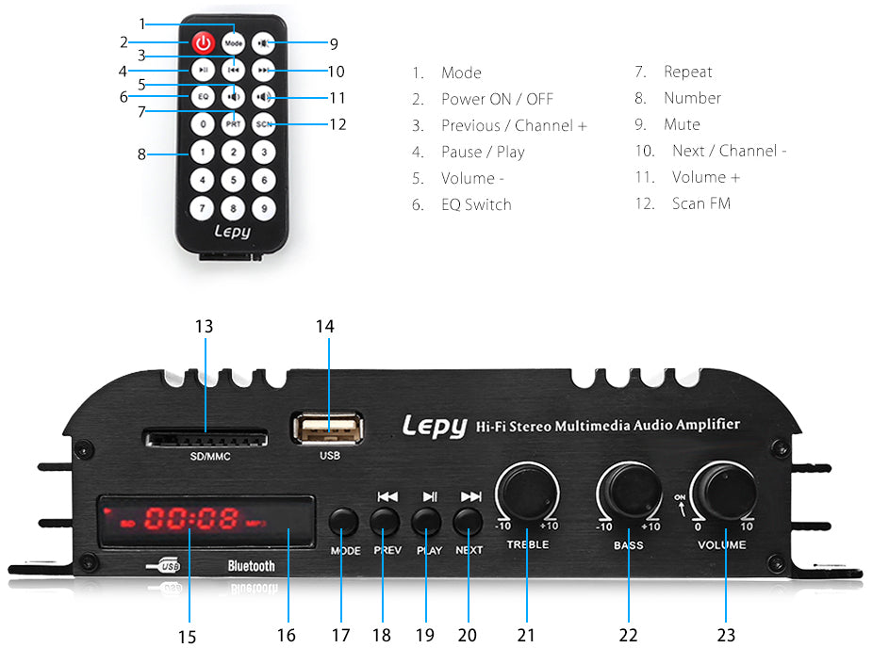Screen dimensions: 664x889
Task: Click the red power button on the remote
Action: pyautogui.click(x=203, y=42)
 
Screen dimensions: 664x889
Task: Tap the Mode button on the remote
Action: pyautogui.click(x=234, y=42)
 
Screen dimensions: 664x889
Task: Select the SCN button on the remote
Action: pyautogui.click(x=264, y=123)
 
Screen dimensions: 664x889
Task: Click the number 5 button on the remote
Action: pyautogui.click(x=233, y=180)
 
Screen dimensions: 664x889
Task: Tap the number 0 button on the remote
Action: pyautogui.click(x=203, y=123)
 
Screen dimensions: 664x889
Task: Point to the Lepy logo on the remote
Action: pyautogui.click(x=232, y=229)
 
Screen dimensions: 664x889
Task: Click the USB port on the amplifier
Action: pyautogui.click(x=328, y=430)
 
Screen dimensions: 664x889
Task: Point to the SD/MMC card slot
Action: pyautogui.click(x=205, y=438)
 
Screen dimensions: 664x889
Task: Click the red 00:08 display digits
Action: pyautogui.click(x=191, y=518)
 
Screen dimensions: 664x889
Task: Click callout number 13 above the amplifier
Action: pyautogui.click(x=204, y=326)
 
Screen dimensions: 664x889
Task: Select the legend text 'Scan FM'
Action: pyautogui.click(x=700, y=203)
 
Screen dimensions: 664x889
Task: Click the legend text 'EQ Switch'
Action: pyautogui.click(x=476, y=204)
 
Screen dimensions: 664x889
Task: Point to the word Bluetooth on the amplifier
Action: pyautogui.click(x=252, y=566)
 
